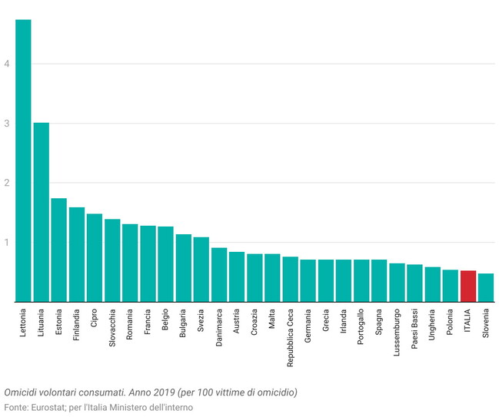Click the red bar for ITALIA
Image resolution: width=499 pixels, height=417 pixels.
pyautogui.click(x=468, y=286)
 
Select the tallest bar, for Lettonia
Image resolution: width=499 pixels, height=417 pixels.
pyautogui.click(x=23, y=161)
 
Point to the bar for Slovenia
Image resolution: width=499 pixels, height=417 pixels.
pyautogui.click(x=486, y=288)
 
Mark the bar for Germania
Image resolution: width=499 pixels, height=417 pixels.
pyautogui.click(x=308, y=281)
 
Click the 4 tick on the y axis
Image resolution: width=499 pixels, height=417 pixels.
pyautogui.click(x=6, y=64)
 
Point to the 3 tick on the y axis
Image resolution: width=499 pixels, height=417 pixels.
pyautogui.click(x=6, y=124)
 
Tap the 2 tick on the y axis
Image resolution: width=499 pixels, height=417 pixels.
pyautogui.click(x=6, y=183)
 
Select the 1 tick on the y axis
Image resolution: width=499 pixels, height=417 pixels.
pyautogui.click(x=6, y=243)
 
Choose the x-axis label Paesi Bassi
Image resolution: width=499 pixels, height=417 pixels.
pyautogui.click(x=415, y=329)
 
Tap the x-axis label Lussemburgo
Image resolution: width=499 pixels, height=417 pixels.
pyautogui.click(x=398, y=332)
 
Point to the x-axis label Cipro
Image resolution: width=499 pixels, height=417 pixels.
pyautogui.click(x=94, y=319)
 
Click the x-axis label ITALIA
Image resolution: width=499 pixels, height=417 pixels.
pyautogui.click(x=468, y=320)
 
